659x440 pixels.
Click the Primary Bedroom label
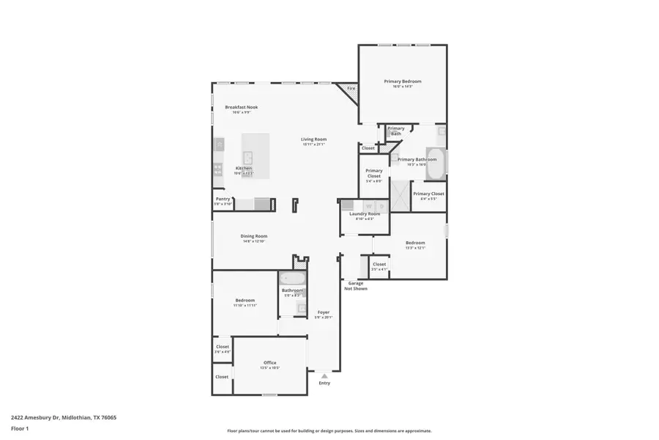pos(403,81)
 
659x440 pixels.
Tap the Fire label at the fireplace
pos(351,89)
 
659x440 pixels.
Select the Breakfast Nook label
pos(241,107)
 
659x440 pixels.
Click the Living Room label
pos(313,139)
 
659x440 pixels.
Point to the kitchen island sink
pos(247,156)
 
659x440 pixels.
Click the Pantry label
pos(223,199)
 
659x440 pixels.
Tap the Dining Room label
pos(253,236)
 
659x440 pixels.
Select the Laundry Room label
pos(364,213)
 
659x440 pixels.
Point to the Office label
pos(269,362)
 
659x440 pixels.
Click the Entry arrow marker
pos(324,375)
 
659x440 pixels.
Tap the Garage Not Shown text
pos(356,285)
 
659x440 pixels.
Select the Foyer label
pos(323,312)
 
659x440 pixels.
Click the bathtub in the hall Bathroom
pos(292,279)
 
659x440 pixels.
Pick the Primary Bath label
pos(395,131)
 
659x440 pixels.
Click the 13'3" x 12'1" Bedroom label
pos(414,243)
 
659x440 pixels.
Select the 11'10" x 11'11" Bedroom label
pos(245,300)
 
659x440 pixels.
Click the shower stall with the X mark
pos(400,194)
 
